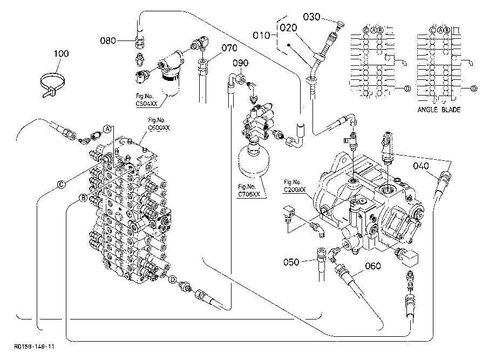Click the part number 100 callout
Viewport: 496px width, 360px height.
(61, 53)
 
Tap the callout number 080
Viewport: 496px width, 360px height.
(108, 40)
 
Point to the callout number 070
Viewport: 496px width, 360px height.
(229, 48)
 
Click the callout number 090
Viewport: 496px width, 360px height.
(241, 63)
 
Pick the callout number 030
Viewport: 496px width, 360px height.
(311, 17)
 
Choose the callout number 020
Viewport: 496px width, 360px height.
(289, 28)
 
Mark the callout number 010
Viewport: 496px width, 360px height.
(261, 35)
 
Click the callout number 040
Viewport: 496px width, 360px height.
(421, 166)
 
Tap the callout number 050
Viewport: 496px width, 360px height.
(291, 262)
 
